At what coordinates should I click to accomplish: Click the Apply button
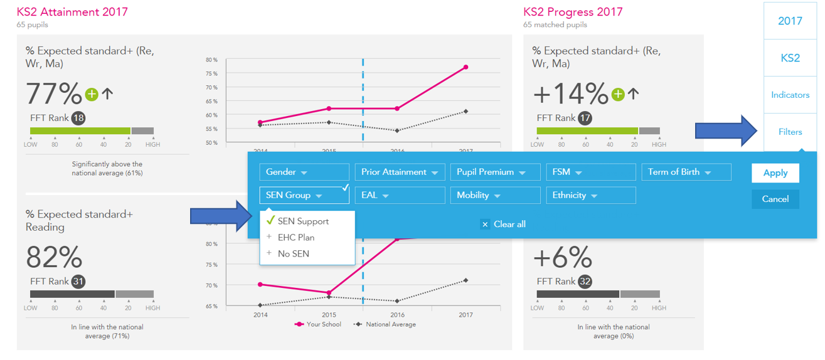pyautogui.click(x=775, y=173)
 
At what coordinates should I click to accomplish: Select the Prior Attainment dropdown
pyautogui.click(x=400, y=172)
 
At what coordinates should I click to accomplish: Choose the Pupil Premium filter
pyautogui.click(x=495, y=172)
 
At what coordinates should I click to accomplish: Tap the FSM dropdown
pyautogui.click(x=590, y=172)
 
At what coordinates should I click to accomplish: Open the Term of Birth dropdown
pyautogui.click(x=686, y=172)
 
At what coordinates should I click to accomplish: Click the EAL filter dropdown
pyautogui.click(x=400, y=195)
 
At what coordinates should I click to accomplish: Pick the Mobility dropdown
pyautogui.click(x=495, y=195)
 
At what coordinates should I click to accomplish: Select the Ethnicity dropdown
pyautogui.click(x=590, y=195)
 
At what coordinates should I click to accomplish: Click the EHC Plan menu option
pyautogui.click(x=296, y=238)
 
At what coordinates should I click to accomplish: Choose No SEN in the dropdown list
pyautogui.click(x=294, y=254)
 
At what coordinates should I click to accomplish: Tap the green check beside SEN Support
pyautogui.click(x=270, y=221)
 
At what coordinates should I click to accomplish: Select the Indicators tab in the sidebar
pyautogui.click(x=790, y=95)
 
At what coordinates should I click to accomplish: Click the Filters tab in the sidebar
pyautogui.click(x=790, y=132)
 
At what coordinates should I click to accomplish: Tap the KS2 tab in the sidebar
pyautogui.click(x=790, y=58)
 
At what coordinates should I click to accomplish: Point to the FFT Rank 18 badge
pyautogui.click(x=78, y=118)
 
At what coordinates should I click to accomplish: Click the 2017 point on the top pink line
pyautogui.click(x=466, y=67)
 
